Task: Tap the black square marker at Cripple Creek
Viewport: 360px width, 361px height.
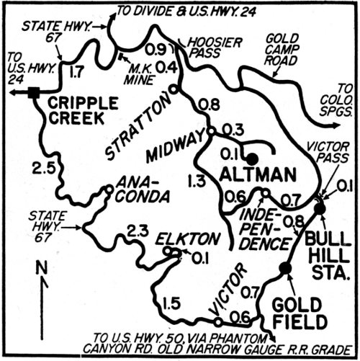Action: pos(34,92)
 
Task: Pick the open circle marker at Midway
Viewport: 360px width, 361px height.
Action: pos(211,131)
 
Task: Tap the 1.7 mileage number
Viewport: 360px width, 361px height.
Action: pos(74,71)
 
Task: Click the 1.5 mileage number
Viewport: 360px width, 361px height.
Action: pos(171,303)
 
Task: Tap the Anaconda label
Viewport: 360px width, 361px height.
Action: pos(141,189)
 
